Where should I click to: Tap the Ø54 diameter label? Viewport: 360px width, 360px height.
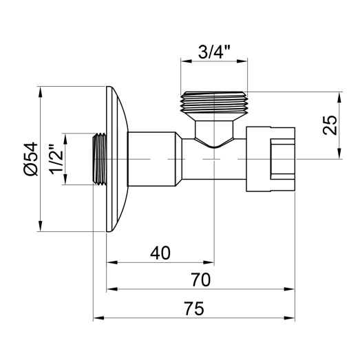[x=28, y=159]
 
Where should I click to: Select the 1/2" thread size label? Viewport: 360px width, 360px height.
[x=58, y=159]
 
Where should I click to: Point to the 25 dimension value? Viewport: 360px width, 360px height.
[x=330, y=125]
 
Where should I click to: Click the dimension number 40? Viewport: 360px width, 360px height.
[x=159, y=253]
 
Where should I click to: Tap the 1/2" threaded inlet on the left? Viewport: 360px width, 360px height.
[x=99, y=159]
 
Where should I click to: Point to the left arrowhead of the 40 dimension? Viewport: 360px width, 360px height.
[x=110, y=262]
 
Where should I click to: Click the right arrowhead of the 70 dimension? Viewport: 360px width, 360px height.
[x=293, y=290]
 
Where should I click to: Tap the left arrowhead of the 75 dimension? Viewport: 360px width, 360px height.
[x=97, y=319]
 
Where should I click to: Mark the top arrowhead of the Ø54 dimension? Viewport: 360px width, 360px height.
[x=43, y=91]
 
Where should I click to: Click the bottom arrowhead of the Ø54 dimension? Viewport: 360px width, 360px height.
[x=43, y=228]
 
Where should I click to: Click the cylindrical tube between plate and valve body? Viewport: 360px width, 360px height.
[x=155, y=159]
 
